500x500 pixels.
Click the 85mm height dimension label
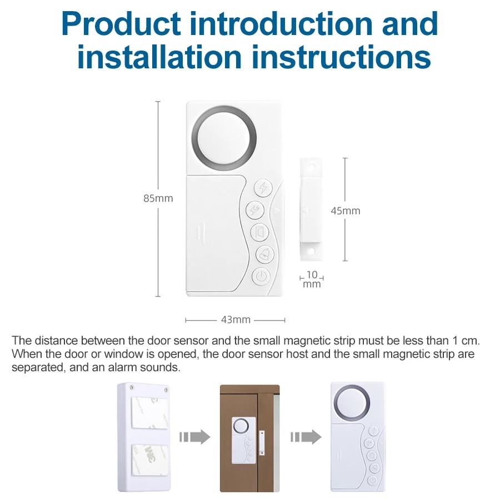tap(158, 198)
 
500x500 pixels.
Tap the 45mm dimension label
tap(346, 211)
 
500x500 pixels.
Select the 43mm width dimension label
tap(236, 320)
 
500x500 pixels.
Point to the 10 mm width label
tap(312, 279)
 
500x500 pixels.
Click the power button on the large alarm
tap(261, 276)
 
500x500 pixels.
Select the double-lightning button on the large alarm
tap(255, 209)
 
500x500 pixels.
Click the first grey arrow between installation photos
tap(194, 437)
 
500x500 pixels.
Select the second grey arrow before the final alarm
tap(306, 437)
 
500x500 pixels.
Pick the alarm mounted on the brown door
tap(242, 439)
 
